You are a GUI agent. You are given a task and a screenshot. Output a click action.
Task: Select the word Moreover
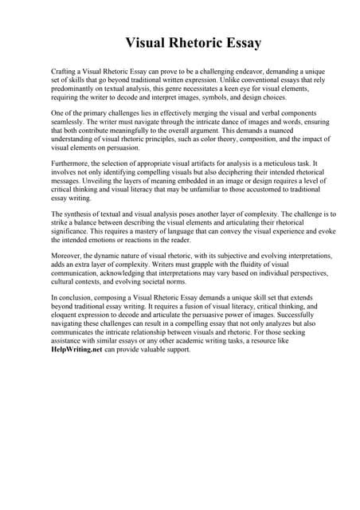tap(67, 256)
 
